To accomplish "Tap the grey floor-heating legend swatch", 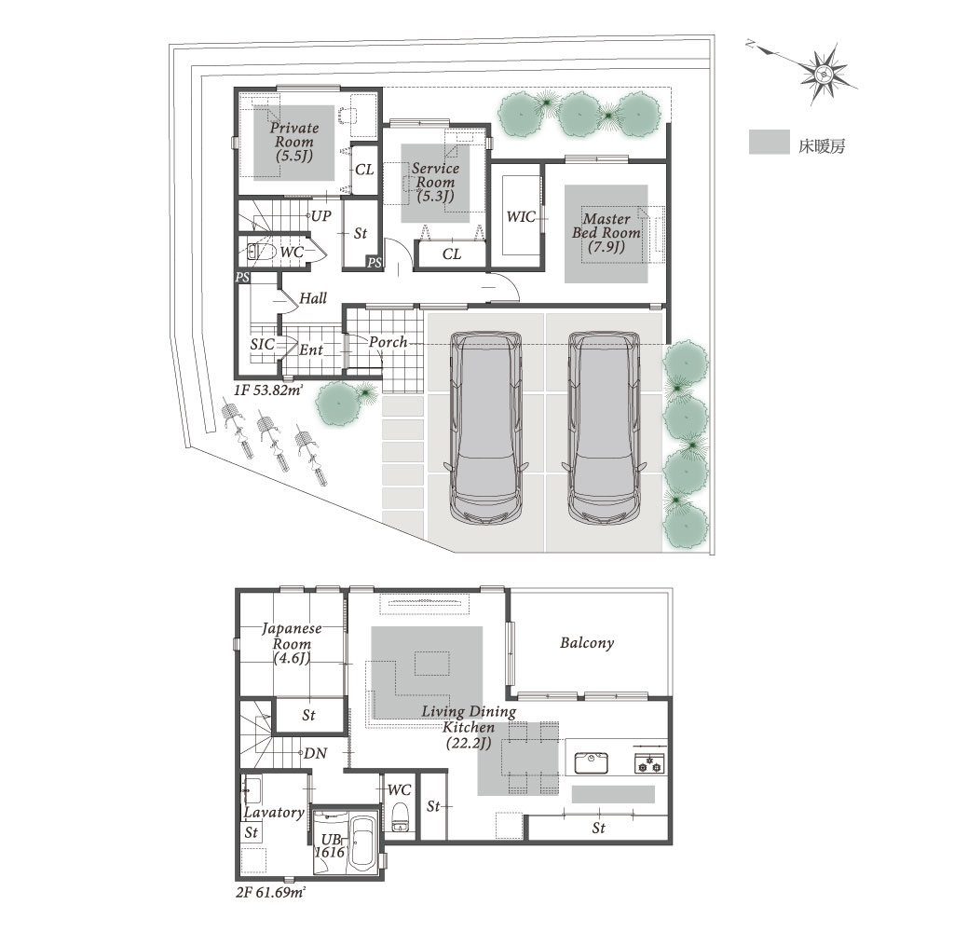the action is pyautogui.click(x=769, y=142).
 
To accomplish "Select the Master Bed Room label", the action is pyautogui.click(x=606, y=233).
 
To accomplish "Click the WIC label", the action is pyautogui.click(x=521, y=217).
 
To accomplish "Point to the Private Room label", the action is pyautogui.click(x=294, y=142).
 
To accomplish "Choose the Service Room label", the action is pyautogui.click(x=435, y=182).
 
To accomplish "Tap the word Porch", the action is pyautogui.click(x=388, y=342).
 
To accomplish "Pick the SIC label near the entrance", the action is pyautogui.click(x=262, y=345).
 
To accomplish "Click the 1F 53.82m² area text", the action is pyautogui.click(x=268, y=391).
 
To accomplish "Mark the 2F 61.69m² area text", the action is pyautogui.click(x=270, y=893).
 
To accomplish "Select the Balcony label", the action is pyautogui.click(x=587, y=643).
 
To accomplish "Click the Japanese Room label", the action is pyautogui.click(x=292, y=643).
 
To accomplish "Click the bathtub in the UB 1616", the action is pyautogui.click(x=364, y=843).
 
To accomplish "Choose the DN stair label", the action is pyautogui.click(x=315, y=754).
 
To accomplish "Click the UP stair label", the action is pyautogui.click(x=320, y=215).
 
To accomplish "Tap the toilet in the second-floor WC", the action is pyautogui.click(x=400, y=817).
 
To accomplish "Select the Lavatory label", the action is pyautogui.click(x=274, y=812).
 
